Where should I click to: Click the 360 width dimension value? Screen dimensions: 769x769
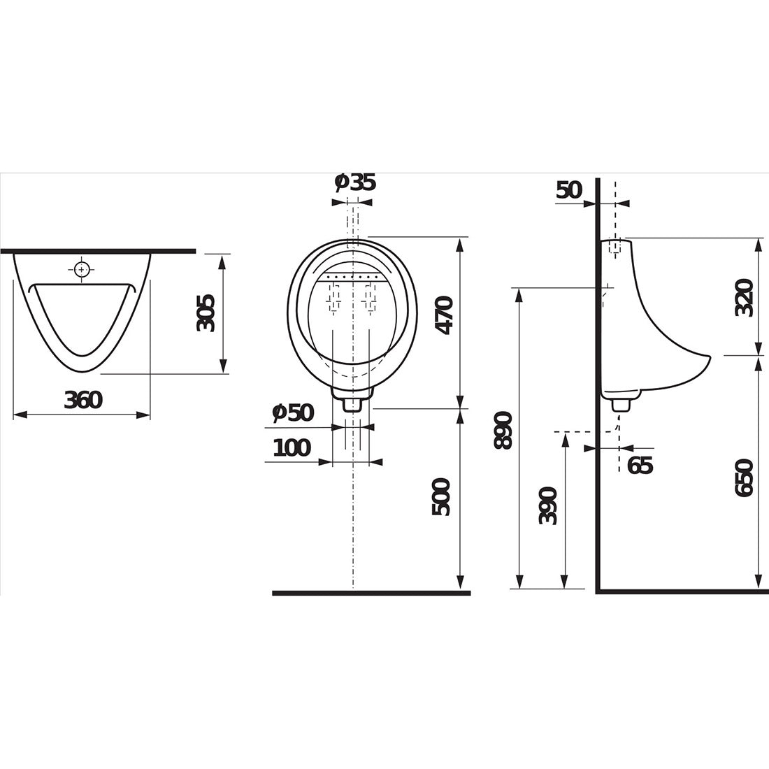(83, 400)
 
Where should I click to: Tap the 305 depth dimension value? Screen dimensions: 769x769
(206, 313)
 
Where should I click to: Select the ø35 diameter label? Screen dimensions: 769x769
(355, 182)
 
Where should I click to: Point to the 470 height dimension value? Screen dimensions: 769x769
(445, 315)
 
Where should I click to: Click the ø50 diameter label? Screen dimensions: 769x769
(293, 413)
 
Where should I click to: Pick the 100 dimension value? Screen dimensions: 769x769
(292, 447)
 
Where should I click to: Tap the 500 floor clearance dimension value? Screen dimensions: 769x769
(441, 497)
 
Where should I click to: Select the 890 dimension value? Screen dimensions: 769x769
(503, 430)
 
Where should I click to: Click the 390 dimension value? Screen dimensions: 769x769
(548, 505)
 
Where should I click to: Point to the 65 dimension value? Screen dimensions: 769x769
(640, 465)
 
